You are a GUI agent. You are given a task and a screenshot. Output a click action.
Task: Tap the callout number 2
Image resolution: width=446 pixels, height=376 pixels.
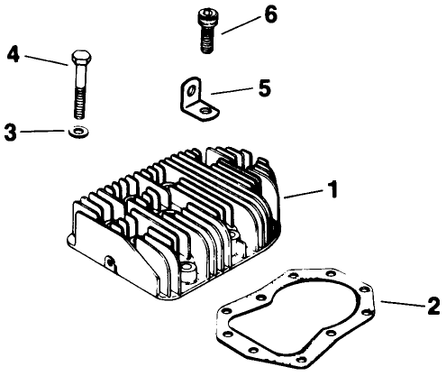point(432,306)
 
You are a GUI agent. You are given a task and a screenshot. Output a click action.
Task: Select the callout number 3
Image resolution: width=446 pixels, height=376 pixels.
point(10,133)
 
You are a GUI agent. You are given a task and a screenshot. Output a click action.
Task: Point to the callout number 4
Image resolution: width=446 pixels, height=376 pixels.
point(13,53)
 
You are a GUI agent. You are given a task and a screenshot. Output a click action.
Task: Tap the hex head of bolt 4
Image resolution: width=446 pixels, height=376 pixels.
point(77,60)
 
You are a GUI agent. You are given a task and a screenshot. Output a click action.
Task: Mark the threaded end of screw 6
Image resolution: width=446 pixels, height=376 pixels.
point(206,43)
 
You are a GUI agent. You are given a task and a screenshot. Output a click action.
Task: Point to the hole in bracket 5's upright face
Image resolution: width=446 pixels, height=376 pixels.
point(191,90)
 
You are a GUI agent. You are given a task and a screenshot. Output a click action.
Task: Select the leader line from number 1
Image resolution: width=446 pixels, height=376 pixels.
point(305,193)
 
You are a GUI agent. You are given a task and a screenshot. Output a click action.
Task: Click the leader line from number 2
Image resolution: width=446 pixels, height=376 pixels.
point(403,303)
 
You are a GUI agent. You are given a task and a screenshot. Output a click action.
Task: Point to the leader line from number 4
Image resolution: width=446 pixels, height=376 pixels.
point(45,59)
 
